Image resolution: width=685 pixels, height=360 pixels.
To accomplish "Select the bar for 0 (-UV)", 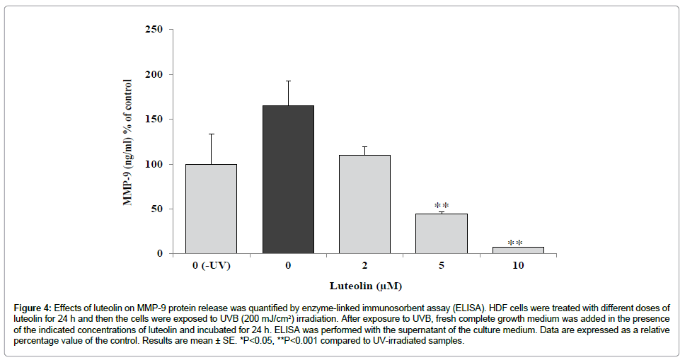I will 211,209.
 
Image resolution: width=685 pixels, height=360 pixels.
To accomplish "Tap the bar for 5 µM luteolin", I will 441,233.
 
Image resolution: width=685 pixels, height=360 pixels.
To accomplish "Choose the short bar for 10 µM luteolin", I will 518,250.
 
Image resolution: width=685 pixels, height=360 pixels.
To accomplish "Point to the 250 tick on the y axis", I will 154,30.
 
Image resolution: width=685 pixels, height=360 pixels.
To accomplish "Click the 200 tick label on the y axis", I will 154,74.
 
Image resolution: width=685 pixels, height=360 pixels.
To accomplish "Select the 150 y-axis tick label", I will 154,120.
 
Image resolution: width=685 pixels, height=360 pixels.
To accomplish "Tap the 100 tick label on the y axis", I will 154,164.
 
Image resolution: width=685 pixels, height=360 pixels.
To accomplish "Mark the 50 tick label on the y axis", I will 157,209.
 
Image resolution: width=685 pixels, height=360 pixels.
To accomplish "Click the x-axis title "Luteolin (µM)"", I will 364,286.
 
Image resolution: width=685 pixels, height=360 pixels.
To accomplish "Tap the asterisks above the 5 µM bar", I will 441,205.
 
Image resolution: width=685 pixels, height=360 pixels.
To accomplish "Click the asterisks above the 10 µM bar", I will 515,243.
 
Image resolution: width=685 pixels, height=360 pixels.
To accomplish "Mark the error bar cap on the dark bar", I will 288,81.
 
